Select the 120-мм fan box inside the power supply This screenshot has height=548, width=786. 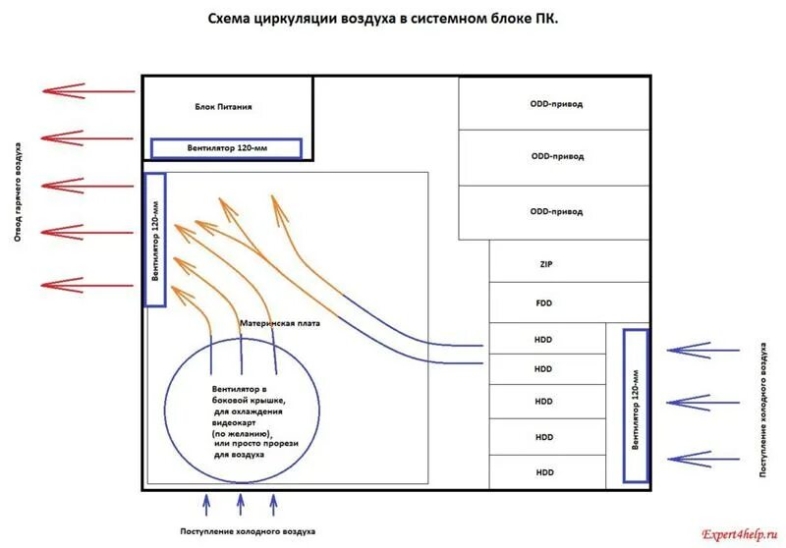[x=226, y=148]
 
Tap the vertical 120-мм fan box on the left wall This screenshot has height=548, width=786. [x=155, y=241]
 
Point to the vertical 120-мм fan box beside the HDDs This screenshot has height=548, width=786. [x=636, y=405]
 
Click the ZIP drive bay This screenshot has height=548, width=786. [x=546, y=264]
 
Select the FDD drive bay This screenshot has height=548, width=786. [x=546, y=303]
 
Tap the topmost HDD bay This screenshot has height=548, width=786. [x=544, y=340]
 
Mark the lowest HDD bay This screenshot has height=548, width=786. [x=544, y=472]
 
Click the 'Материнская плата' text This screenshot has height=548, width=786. [x=280, y=323]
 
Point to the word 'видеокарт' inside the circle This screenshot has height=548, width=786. [x=234, y=422]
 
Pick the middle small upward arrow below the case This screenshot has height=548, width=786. [x=241, y=505]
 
